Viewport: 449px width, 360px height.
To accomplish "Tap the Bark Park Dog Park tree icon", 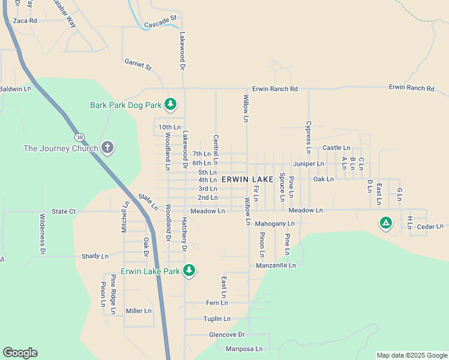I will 170,105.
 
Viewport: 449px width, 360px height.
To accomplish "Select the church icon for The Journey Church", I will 107,148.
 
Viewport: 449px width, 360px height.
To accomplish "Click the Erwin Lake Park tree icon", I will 189,271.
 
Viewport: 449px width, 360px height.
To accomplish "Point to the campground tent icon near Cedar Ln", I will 385,224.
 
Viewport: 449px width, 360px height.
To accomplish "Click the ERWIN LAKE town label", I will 247,179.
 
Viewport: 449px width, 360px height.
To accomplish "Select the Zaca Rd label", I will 25,20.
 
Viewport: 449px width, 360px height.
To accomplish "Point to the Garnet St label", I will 138,64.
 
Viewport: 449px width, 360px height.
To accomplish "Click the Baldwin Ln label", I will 15,89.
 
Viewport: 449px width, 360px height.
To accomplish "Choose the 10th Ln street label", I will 169,127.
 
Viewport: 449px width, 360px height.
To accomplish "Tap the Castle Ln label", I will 336,148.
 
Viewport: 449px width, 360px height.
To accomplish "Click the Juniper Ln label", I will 309,163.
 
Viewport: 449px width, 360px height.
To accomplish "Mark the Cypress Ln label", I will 309,134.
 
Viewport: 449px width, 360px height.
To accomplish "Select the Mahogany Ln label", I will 275,224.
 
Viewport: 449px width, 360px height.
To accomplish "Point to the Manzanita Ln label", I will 276,265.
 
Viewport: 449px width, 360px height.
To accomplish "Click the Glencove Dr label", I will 227,334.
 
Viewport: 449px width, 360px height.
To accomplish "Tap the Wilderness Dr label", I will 43,235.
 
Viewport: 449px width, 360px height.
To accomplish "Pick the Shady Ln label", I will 95,256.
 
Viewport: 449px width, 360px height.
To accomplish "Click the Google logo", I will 20,353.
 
